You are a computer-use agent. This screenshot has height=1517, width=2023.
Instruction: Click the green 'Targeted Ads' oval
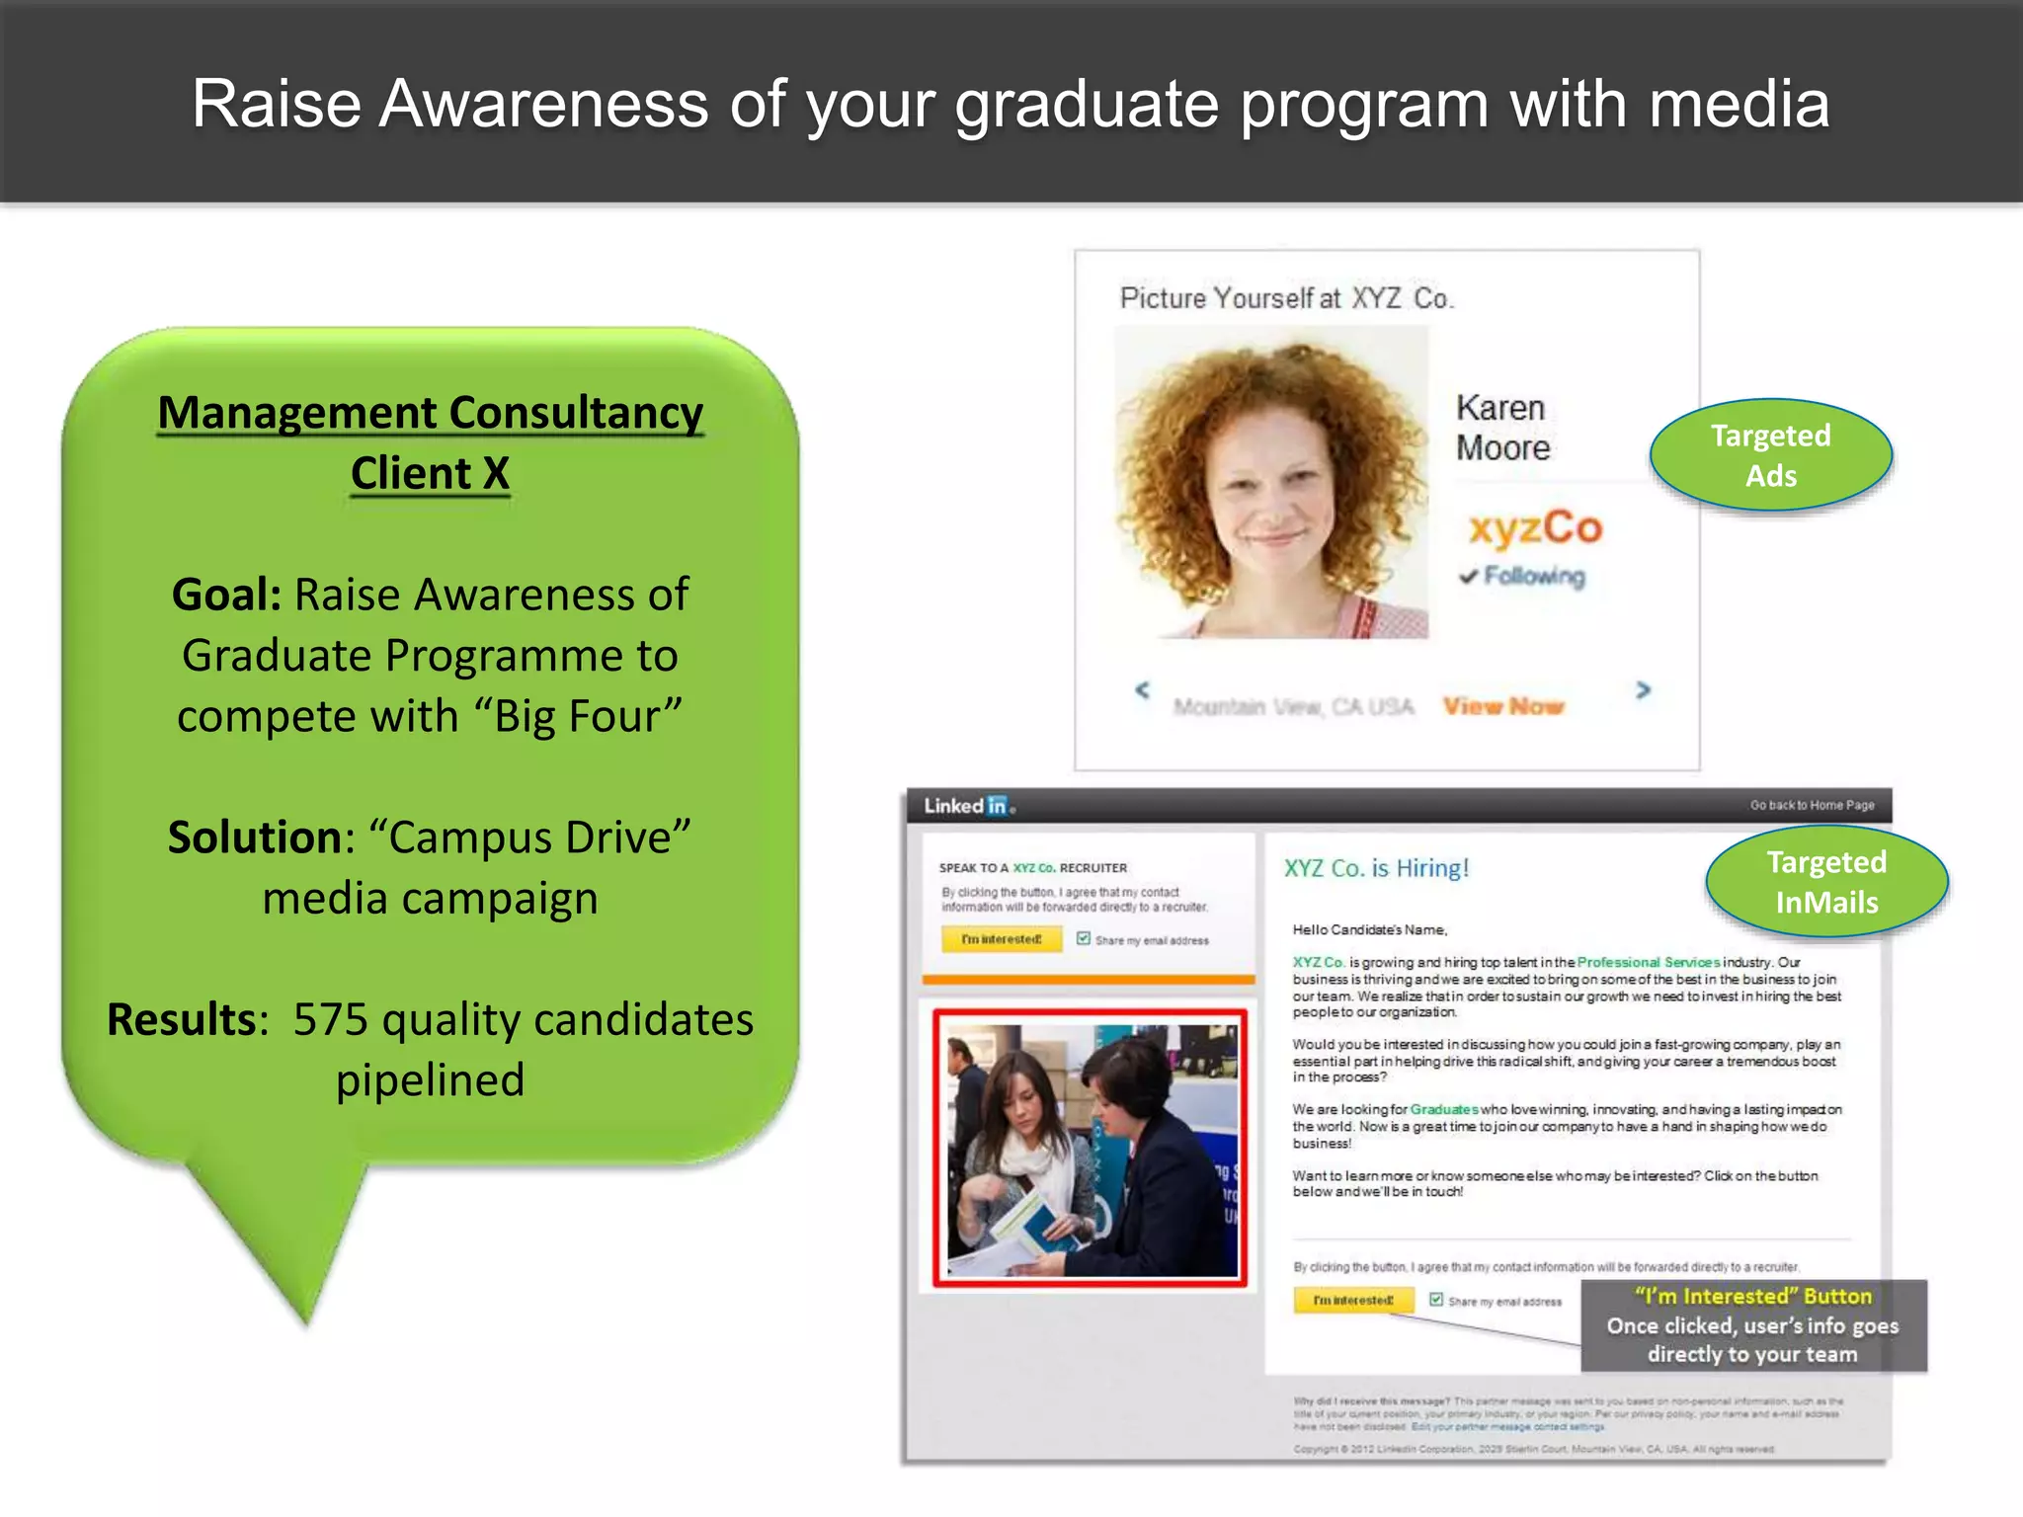pyautogui.click(x=1770, y=455)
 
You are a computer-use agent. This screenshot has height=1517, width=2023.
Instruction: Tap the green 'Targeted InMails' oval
pyautogui.click(x=1826, y=881)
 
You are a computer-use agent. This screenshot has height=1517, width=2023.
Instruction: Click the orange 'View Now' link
pyautogui.click(x=1503, y=706)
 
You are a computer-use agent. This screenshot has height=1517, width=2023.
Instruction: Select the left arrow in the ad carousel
pyautogui.click(x=1143, y=689)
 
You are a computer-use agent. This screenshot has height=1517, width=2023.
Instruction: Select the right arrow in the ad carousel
pyautogui.click(x=1643, y=689)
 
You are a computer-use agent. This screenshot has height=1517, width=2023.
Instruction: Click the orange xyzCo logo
pyautogui.click(x=1535, y=528)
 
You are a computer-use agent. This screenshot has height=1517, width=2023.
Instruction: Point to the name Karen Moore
pyautogui.click(x=1502, y=428)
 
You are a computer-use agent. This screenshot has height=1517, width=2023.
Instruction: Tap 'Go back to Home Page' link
pyautogui.click(x=1812, y=805)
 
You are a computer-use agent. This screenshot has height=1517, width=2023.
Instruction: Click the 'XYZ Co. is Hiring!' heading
pyautogui.click(x=1376, y=868)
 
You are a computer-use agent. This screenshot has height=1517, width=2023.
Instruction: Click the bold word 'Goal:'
pyautogui.click(x=226, y=595)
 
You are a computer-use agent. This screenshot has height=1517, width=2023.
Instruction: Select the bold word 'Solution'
pyautogui.click(x=255, y=838)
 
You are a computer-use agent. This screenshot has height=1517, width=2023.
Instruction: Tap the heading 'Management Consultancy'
pyautogui.click(x=431, y=413)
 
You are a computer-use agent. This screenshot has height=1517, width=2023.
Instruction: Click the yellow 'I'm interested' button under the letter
pyautogui.click(x=1353, y=1301)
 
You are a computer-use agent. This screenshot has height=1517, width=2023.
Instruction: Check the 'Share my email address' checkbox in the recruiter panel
pyautogui.click(x=1084, y=938)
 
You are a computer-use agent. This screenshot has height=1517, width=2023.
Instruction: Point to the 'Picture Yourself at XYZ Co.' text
pyautogui.click(x=1286, y=298)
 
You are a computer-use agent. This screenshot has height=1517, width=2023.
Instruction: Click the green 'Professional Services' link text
pyautogui.click(x=1648, y=962)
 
